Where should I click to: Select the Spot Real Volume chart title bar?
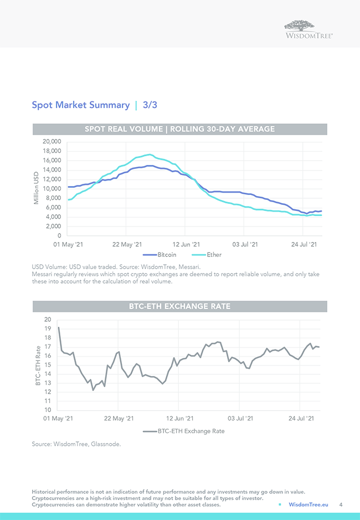[179, 129]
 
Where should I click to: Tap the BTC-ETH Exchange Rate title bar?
[179, 306]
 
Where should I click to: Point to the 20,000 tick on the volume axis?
[52, 142]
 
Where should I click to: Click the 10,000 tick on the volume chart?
[52, 189]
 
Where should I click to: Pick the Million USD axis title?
[36, 188]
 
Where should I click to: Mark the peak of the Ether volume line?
[150, 155]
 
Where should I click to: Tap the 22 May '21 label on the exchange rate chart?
[119, 419]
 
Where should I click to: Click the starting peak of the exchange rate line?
[59, 328]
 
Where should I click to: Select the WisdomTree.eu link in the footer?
[308, 504]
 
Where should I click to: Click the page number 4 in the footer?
[341, 504]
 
